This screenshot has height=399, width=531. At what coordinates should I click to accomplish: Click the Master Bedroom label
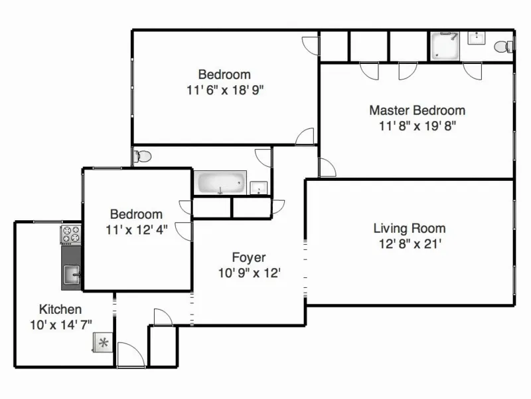[x=417, y=110]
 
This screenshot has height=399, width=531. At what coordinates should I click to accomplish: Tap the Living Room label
[x=409, y=228]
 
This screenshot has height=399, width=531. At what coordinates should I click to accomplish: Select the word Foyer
[x=249, y=257]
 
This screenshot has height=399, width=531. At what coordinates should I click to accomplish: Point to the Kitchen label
[x=60, y=309]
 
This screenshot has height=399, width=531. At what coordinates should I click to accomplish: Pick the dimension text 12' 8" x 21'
[x=409, y=243]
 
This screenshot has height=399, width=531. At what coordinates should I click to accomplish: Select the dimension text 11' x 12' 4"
[x=136, y=229]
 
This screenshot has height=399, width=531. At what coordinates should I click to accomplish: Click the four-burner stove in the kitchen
[x=71, y=234]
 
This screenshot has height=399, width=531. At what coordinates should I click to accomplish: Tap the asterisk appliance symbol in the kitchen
[x=103, y=343]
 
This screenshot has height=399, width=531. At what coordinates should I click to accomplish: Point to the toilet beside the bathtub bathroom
[x=141, y=157]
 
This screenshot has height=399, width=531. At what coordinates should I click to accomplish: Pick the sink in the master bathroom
[x=476, y=37]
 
